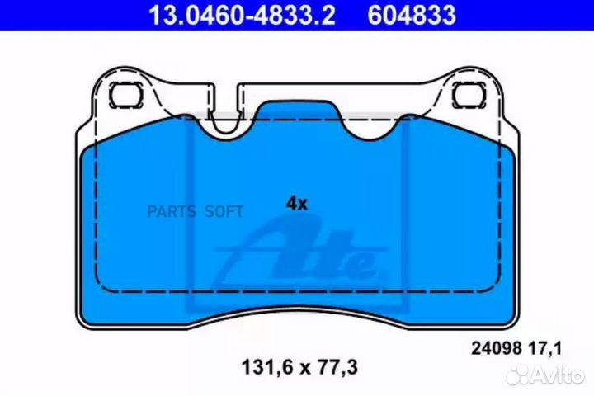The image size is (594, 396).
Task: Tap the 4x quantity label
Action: (296, 204)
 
